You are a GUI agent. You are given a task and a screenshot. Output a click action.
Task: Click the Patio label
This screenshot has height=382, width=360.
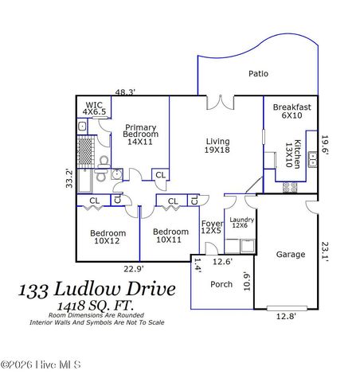[x=257, y=73]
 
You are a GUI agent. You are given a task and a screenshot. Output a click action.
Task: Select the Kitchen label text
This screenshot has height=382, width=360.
[x=294, y=153]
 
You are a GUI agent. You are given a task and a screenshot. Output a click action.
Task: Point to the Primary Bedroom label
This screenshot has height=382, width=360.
[x=140, y=134]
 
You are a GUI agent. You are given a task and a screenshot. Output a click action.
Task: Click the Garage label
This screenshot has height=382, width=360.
[x=291, y=255]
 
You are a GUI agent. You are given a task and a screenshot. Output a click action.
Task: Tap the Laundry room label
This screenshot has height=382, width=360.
[x=240, y=224]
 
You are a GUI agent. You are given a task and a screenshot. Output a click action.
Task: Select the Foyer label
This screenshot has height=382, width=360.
[x=211, y=228]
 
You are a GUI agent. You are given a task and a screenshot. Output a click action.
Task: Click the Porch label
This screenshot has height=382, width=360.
[x=221, y=284]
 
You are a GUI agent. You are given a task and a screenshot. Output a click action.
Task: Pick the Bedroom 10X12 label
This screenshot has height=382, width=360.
[x=107, y=236]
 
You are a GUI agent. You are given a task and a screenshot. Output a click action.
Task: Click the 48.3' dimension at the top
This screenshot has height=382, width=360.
[x=124, y=92]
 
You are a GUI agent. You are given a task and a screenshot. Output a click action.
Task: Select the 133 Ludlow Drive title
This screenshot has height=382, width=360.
[x=96, y=290]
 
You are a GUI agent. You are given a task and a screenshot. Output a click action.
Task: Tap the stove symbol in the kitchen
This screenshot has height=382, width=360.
[x=290, y=189]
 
